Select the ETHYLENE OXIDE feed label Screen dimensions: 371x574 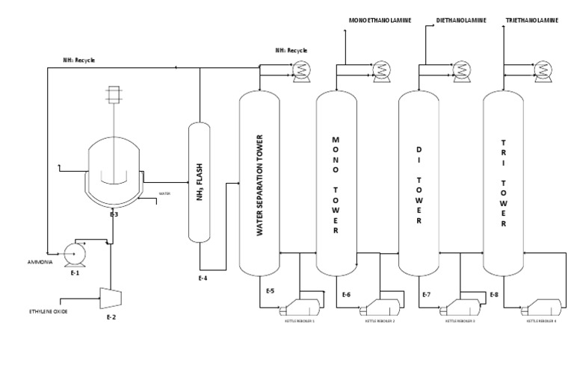[49, 311]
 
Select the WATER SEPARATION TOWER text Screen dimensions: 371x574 [260, 185]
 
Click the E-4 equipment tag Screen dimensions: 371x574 [202, 278]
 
